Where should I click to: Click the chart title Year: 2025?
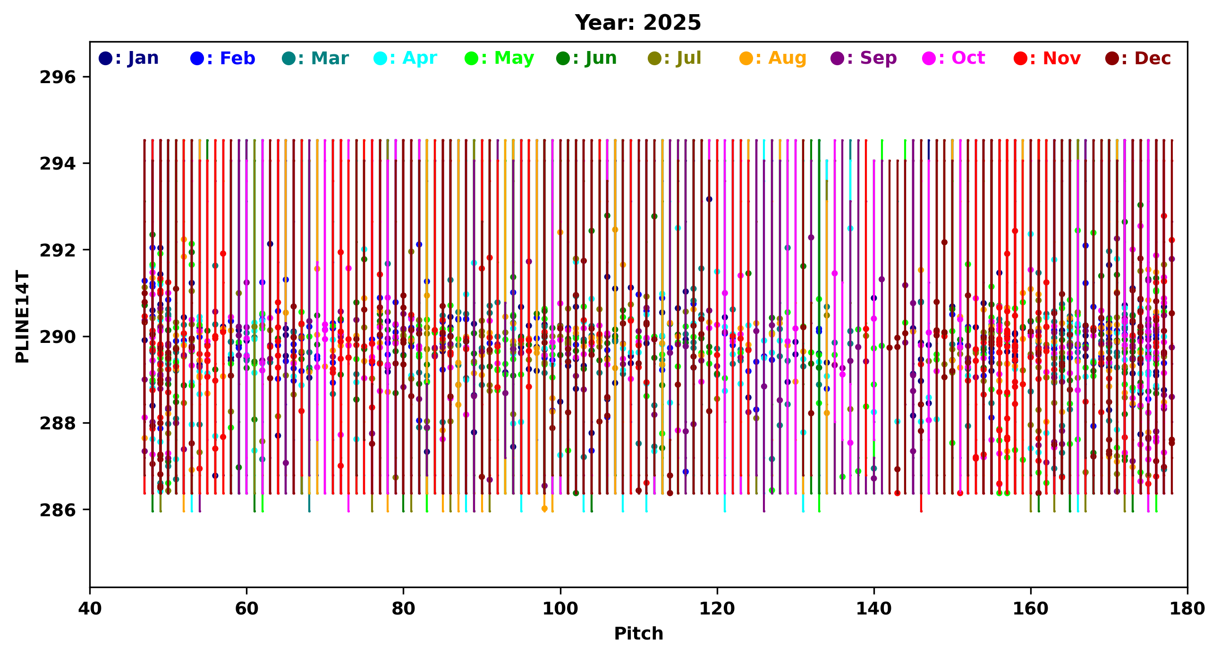[x=638, y=23]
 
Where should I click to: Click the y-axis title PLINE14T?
[x=22, y=317]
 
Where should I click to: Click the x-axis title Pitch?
[x=638, y=634]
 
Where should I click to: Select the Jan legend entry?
[x=129, y=58]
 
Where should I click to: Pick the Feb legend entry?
[x=222, y=58]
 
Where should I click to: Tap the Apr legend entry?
[x=406, y=58]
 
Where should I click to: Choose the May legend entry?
[x=499, y=58]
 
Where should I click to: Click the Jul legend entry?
[x=675, y=58]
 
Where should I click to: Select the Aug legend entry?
[x=773, y=58]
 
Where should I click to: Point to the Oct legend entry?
[x=954, y=58]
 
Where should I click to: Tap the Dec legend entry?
[x=1139, y=58]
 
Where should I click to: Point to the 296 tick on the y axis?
[x=58, y=77]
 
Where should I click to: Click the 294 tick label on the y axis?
[x=58, y=163]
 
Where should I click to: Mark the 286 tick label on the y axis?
[x=58, y=510]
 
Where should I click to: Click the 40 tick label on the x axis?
[x=90, y=609]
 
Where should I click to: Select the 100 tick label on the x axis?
[x=560, y=609]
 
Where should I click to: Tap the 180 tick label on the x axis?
[x=1187, y=609]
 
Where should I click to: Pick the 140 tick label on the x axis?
[x=874, y=609]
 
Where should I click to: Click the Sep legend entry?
[x=864, y=58]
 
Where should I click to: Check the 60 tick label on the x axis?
[x=247, y=609]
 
